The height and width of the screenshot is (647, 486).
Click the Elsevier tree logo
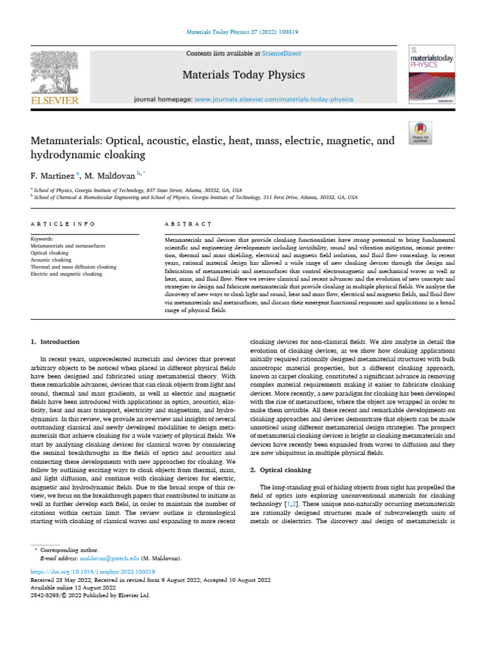(x=55, y=73)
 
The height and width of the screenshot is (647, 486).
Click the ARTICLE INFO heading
(x=63, y=224)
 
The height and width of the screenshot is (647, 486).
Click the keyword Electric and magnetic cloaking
(x=66, y=274)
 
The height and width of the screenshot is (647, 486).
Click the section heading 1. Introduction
(x=56, y=342)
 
